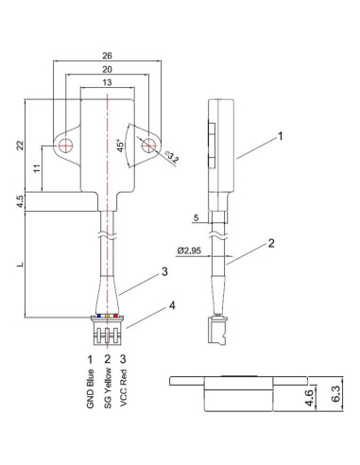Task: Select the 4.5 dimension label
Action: pyautogui.click(x=20, y=201)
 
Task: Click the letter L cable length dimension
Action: pyautogui.click(x=20, y=266)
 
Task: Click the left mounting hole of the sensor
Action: pyautogui.click(x=66, y=146)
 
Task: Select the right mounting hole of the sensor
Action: pyautogui.click(x=149, y=146)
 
